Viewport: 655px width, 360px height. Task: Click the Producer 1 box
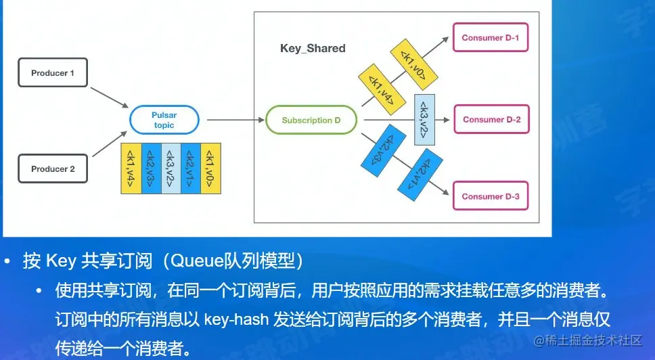coord(53,73)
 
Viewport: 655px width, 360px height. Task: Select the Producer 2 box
coord(53,168)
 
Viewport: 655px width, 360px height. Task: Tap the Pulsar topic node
coord(164,120)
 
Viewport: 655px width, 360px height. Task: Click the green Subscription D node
coord(311,120)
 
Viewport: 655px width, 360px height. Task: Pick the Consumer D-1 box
coord(490,38)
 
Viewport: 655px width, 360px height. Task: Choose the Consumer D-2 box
coord(491,119)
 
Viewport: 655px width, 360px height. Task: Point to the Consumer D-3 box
coord(491,196)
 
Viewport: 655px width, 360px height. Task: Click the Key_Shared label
coord(313,49)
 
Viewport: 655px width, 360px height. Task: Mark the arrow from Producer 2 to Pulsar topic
coord(108,148)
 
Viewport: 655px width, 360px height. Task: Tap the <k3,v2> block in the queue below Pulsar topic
coord(171,168)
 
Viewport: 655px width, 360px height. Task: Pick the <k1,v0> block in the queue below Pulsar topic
coord(210,168)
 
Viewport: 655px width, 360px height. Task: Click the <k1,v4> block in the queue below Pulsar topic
coord(131,168)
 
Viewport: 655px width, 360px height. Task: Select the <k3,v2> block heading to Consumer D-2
coord(424,120)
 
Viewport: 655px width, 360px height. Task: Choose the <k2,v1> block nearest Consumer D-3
coord(418,177)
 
